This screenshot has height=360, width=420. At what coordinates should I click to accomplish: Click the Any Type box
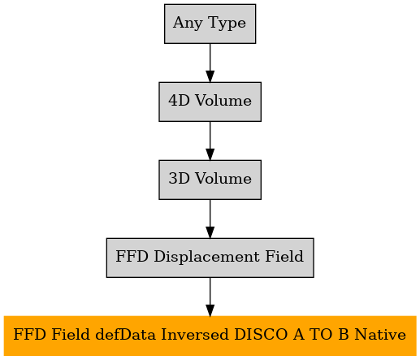(210, 24)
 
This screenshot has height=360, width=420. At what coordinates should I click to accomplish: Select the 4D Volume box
(210, 102)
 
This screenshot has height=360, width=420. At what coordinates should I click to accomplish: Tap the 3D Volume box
(210, 180)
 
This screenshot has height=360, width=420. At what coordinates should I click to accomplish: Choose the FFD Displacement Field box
(210, 258)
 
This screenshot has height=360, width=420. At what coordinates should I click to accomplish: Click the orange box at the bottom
(210, 336)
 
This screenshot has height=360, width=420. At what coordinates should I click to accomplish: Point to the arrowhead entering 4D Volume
(210, 76)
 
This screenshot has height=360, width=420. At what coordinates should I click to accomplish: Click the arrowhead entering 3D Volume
(210, 154)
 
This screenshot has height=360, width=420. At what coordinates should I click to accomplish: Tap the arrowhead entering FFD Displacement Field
(210, 232)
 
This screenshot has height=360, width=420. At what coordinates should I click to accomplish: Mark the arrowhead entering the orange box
(210, 310)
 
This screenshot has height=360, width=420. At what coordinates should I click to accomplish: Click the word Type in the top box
(227, 24)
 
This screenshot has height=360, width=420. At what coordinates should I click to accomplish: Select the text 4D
(179, 101)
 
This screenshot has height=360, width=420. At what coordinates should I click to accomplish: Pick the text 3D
(179, 179)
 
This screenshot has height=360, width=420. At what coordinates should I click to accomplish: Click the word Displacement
(206, 257)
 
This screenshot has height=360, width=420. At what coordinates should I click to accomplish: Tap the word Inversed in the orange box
(195, 335)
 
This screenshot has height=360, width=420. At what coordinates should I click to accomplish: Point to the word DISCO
(261, 335)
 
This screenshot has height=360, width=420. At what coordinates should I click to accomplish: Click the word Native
(380, 335)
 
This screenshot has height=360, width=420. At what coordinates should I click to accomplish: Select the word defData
(126, 335)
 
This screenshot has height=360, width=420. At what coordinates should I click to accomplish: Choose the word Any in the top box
(188, 24)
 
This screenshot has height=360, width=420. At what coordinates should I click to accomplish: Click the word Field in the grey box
(284, 257)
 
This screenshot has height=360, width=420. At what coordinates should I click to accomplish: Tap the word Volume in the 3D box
(223, 179)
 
